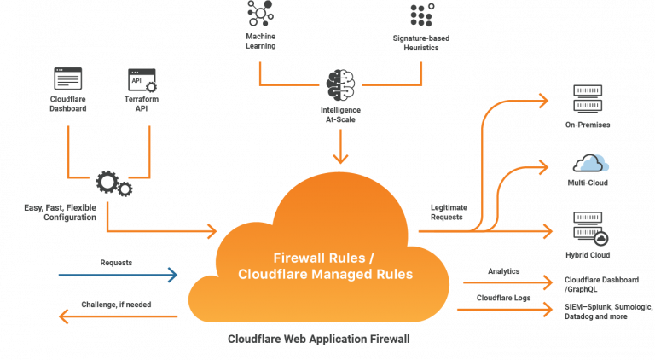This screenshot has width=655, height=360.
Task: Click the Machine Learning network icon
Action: point(260,14)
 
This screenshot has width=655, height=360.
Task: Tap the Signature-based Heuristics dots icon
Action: point(422,15)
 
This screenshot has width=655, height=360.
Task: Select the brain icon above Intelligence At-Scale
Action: point(340,84)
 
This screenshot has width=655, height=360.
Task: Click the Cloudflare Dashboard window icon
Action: point(68,78)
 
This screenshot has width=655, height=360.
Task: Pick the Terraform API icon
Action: point(142,80)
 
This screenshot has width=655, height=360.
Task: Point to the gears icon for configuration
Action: point(114,183)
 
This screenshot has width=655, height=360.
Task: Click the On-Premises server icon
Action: point(588,99)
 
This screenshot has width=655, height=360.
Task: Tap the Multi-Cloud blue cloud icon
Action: point(591,163)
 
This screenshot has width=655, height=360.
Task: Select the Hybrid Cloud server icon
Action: point(590,229)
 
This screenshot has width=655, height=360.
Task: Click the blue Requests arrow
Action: point(119,275)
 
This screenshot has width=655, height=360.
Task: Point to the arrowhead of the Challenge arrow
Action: point(63,316)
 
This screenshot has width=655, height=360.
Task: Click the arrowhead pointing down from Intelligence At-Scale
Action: point(340,158)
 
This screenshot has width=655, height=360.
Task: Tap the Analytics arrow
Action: point(508,282)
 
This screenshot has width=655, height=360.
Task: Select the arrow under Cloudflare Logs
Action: point(505,310)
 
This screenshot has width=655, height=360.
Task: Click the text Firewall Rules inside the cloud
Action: point(319,258)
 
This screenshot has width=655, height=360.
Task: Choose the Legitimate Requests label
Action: point(449,212)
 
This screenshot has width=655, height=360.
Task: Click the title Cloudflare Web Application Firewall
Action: point(319,339)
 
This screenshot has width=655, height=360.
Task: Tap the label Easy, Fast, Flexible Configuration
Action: point(61,212)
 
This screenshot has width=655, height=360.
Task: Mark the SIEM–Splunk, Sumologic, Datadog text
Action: point(608,311)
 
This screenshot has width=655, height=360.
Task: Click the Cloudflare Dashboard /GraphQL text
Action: point(601,284)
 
